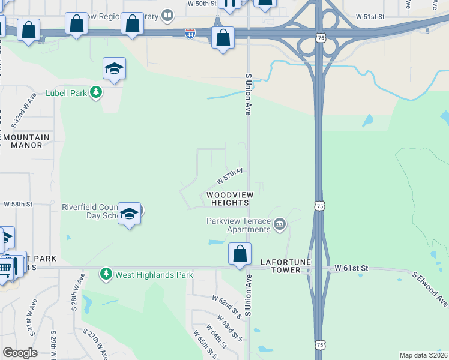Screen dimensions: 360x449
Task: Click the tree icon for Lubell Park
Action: click(95, 92)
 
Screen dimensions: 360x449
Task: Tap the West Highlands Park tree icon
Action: click(106, 274)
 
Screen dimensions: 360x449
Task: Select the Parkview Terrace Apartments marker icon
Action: click(279, 225)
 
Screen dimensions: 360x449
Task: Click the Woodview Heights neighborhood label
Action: click(230, 199)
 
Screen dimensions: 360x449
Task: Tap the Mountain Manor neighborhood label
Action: click(26, 141)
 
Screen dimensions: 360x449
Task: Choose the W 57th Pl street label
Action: click(229, 176)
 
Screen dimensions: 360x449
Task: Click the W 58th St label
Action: click(18, 205)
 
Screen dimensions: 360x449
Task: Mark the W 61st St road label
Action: click(350, 266)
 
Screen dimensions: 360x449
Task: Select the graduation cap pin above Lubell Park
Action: click(113, 69)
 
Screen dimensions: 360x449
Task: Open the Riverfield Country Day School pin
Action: click(129, 214)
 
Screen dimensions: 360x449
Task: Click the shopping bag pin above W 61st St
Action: click(240, 254)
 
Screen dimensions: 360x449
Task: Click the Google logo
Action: click(20, 353)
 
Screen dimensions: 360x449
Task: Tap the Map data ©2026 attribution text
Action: click(423, 355)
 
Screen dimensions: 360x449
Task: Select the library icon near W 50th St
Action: click(168, 15)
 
